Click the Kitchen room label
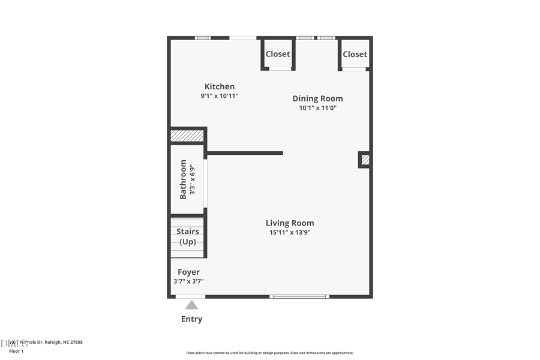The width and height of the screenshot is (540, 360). [219, 86]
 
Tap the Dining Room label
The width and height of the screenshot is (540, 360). [317, 98]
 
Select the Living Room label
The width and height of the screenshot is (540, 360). [290, 223]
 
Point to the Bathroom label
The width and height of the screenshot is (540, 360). [183, 179]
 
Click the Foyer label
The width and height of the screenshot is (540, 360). [188, 272]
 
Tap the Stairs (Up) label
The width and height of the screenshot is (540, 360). [188, 236]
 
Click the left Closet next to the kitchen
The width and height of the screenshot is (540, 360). [278, 54]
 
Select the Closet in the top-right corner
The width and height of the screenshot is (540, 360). [355, 54]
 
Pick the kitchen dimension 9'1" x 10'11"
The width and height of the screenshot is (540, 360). [219, 96]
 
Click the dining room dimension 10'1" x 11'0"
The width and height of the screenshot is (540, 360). [317, 108]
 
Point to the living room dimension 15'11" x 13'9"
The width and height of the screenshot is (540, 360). [290, 232]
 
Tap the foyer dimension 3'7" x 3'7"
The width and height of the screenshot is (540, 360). [188, 281]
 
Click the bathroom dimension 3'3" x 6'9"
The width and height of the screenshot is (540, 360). [193, 179]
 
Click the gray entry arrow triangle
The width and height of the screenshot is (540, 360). [191, 305]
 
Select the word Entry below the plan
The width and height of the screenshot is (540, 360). [191, 319]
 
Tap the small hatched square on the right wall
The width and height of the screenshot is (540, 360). [365, 160]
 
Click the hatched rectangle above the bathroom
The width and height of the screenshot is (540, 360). [187, 136]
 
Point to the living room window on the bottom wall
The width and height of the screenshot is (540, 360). [299, 296]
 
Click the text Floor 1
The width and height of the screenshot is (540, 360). [16, 350]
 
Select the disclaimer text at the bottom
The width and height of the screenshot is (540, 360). [269, 353]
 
